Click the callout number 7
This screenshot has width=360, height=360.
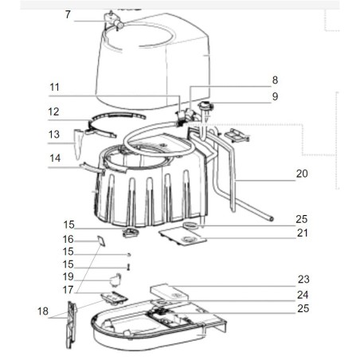tap(68, 14)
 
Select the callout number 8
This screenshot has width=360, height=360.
tap(275, 80)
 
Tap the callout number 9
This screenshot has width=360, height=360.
tap(275, 96)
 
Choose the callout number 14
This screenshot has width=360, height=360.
tap(54, 158)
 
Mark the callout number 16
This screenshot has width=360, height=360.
tap(68, 238)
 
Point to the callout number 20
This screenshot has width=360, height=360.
tap(301, 174)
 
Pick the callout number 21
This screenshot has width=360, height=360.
tap(301, 233)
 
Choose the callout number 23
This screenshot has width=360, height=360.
tap(303, 279)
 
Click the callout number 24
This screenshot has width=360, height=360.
tap(303, 294)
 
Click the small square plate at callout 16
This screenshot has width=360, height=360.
tap(101, 239)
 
